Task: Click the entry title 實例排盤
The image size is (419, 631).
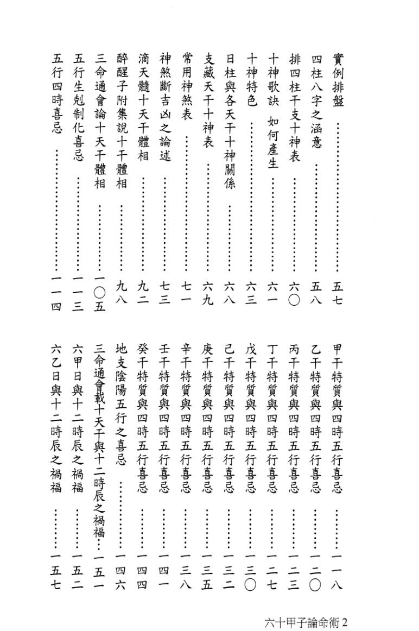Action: coord(338,81)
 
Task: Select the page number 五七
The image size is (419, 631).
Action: coord(338,291)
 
